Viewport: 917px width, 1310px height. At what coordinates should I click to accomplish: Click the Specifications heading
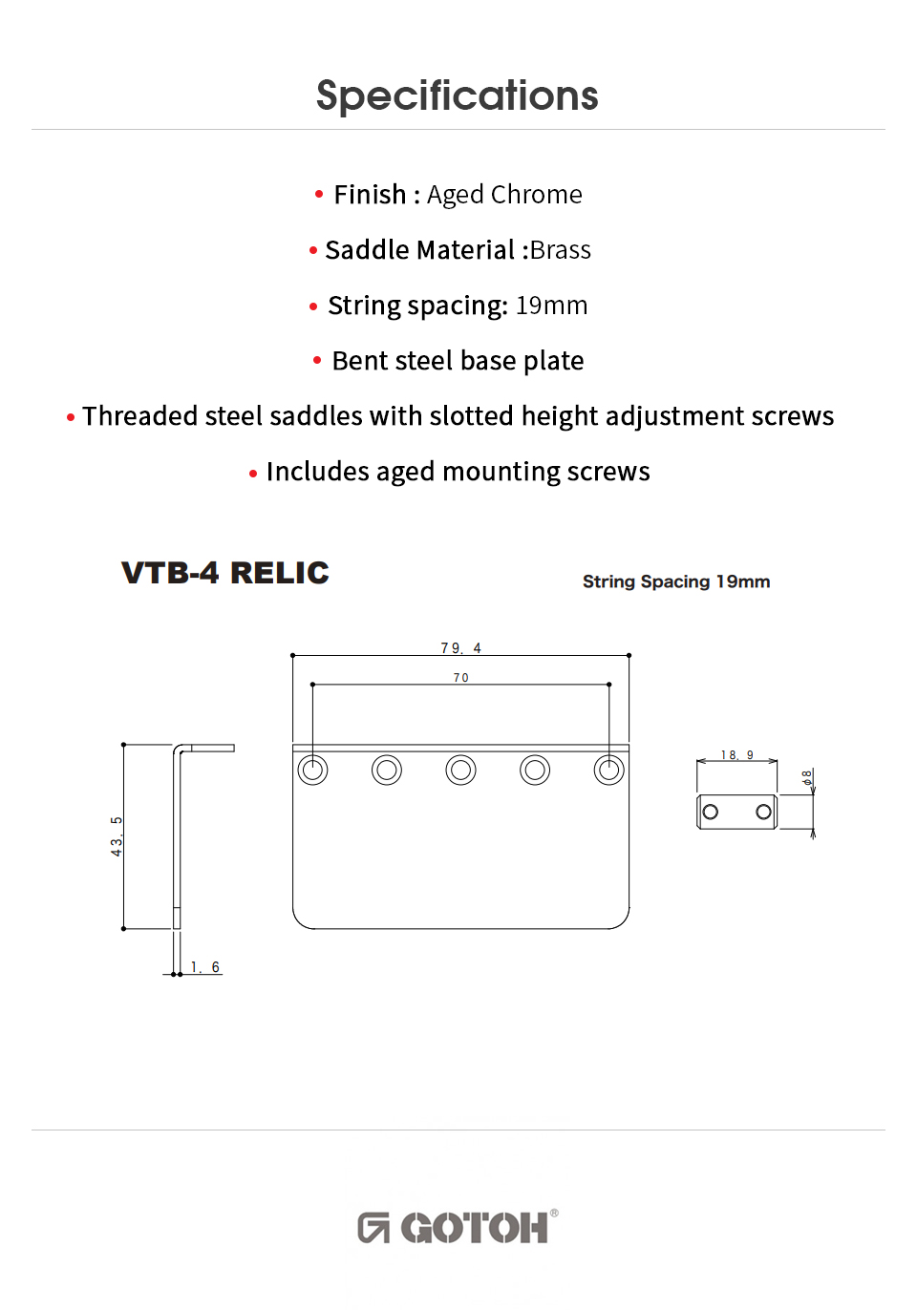(457, 95)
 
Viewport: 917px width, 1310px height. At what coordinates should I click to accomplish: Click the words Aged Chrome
(504, 195)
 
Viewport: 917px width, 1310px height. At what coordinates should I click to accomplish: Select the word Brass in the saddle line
(561, 250)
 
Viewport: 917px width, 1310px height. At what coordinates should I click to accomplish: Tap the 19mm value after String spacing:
(551, 306)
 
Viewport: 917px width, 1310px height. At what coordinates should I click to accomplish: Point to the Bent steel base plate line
(458, 361)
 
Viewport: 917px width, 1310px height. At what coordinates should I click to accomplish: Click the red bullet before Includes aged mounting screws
(253, 474)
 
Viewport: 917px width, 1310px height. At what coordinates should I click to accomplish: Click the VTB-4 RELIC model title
(224, 573)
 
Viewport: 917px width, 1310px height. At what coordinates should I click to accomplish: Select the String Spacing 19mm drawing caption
(676, 581)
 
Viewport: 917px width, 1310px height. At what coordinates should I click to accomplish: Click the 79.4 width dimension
(460, 647)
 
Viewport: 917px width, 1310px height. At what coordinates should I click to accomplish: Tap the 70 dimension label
(461, 677)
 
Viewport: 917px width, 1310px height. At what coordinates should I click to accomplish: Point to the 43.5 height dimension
(117, 836)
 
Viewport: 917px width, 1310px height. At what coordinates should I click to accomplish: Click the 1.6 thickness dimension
(204, 967)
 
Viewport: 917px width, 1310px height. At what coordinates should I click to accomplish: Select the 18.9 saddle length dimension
(736, 755)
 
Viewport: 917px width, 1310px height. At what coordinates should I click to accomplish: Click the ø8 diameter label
(806, 778)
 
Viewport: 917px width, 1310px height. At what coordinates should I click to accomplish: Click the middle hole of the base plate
(460, 770)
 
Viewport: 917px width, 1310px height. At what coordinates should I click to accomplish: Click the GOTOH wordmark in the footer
(475, 1228)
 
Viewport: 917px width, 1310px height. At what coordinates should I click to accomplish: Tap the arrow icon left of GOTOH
(373, 1228)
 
